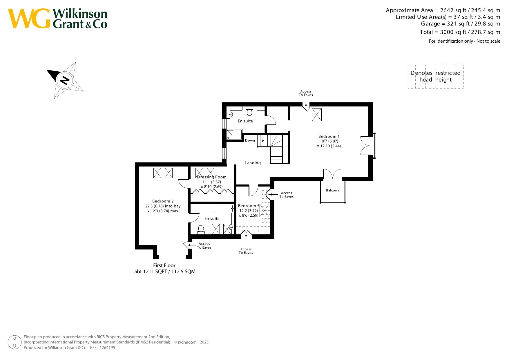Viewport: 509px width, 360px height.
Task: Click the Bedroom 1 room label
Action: point(329,136)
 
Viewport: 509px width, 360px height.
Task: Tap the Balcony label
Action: point(332,190)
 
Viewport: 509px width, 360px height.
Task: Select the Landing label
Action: point(253,163)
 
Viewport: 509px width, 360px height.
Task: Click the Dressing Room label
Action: point(211,177)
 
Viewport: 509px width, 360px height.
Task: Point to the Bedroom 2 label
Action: point(163,201)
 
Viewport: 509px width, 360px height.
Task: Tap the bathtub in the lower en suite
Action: point(223,209)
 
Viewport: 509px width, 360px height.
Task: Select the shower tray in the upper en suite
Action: point(234,134)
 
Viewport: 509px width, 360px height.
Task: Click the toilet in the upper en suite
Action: point(249,111)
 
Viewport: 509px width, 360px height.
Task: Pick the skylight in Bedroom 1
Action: point(317,115)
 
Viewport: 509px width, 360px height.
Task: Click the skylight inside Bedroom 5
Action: point(264,211)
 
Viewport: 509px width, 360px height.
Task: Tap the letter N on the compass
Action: point(65,80)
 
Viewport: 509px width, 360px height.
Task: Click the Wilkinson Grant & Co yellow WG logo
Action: point(29,18)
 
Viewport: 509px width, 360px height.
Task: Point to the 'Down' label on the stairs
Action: point(250,140)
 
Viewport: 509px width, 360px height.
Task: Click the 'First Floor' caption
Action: point(164,265)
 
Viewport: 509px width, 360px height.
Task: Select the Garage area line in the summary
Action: point(461,24)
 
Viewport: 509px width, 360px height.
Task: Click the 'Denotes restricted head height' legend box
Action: point(436,77)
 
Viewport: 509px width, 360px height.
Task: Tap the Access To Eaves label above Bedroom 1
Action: point(306,93)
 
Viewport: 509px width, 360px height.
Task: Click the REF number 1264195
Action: point(107,348)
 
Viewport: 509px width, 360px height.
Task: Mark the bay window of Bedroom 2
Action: point(173,257)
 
